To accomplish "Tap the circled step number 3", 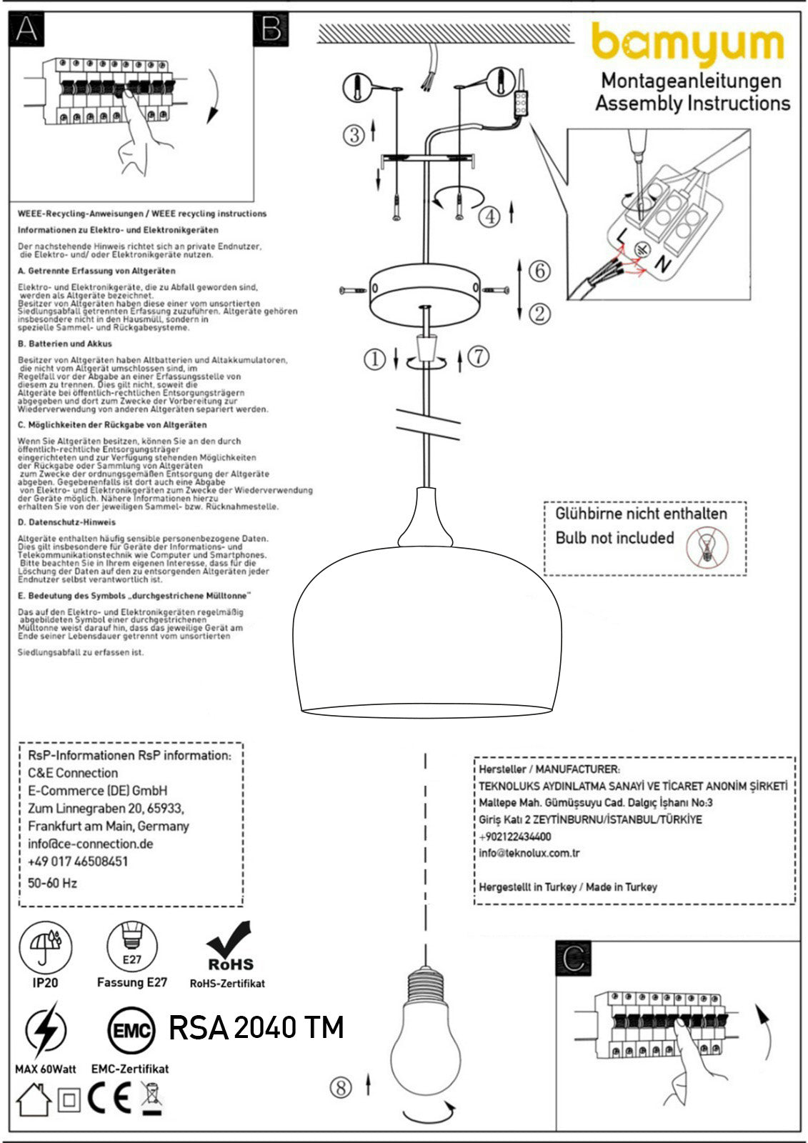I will [x=354, y=134].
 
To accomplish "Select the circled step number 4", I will [x=489, y=216].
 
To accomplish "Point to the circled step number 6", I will [x=540, y=271].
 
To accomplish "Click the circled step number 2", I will [x=540, y=313].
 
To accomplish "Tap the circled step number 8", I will [x=341, y=1087].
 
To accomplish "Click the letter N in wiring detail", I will [x=664, y=264].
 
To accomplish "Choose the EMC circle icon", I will [x=131, y=1031].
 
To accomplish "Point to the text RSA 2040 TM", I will [x=256, y=1027].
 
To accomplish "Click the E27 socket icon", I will [x=132, y=947].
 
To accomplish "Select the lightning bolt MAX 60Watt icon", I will [x=46, y=1031].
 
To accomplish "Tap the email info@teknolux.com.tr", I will [x=529, y=853].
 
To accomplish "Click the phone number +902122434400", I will [x=515, y=837].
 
